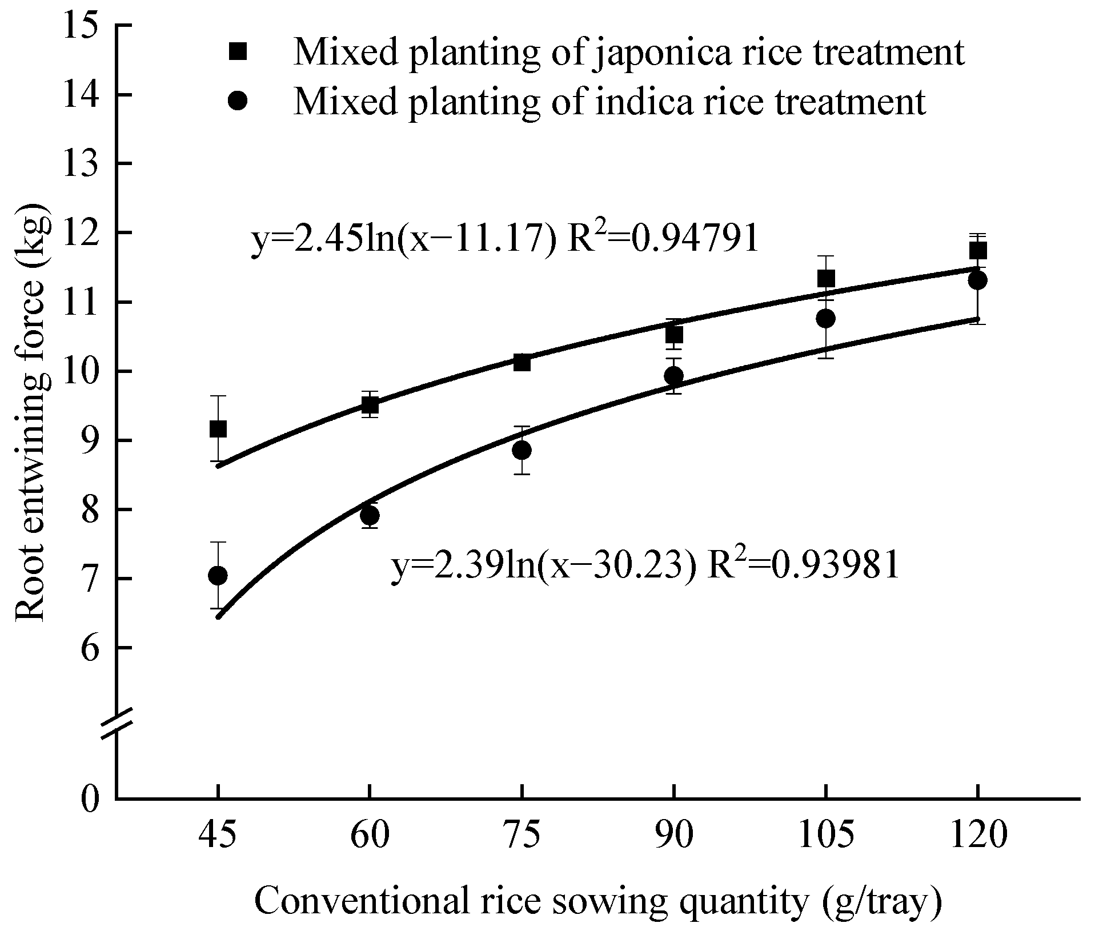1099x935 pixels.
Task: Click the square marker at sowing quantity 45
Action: [218, 428]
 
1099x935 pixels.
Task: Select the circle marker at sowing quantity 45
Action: [218, 575]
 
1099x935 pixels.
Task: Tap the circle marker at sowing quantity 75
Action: [522, 450]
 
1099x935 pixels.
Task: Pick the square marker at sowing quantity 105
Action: [826, 279]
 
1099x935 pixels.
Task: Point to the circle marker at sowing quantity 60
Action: [370, 515]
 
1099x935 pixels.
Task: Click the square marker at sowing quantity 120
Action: [978, 250]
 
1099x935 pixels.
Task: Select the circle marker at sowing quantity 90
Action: [674, 375]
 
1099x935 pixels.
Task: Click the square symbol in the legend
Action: [238, 51]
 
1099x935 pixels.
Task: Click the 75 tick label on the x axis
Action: [522, 836]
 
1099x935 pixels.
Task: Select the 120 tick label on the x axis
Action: [977, 836]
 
